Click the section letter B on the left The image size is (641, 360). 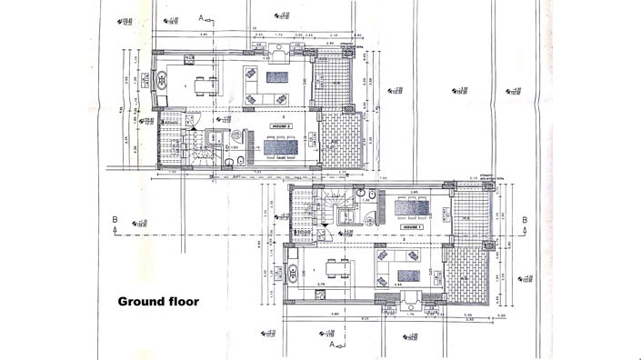[x=114, y=219]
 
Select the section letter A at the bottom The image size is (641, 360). [x=325, y=345]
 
